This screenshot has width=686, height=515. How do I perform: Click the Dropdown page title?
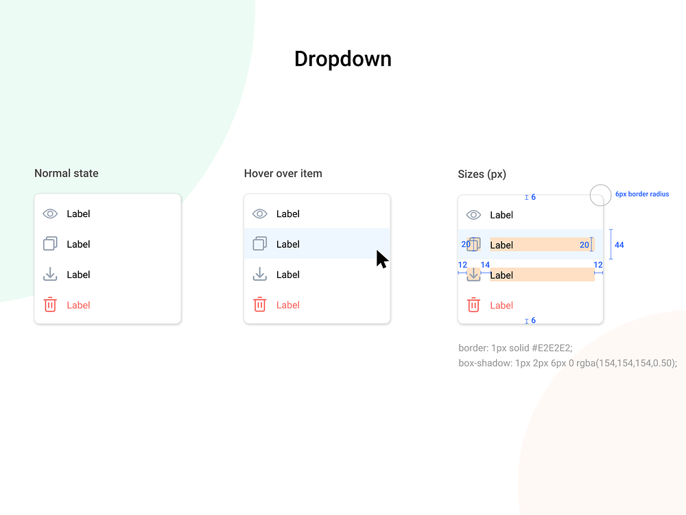tap(342, 59)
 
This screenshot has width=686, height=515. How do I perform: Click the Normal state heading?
tap(67, 174)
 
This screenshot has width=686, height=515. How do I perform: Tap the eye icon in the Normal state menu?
tap(50, 214)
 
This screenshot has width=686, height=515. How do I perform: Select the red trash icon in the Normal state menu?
tap(50, 305)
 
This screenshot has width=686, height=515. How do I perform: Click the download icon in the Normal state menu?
tap(50, 275)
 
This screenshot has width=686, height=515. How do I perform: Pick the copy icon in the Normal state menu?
tap(50, 244)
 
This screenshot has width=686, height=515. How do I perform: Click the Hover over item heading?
tap(283, 174)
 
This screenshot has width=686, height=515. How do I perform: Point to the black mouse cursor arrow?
tap(381, 259)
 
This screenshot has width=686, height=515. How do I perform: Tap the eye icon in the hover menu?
tap(259, 214)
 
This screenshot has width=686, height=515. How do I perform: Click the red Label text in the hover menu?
tap(288, 305)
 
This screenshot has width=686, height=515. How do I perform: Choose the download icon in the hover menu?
tap(259, 275)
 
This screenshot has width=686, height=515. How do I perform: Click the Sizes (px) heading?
tap(482, 174)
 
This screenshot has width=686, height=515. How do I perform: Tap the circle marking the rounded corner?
tap(600, 195)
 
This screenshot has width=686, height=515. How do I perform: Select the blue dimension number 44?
tap(619, 245)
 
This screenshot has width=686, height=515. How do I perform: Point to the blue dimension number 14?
tap(485, 265)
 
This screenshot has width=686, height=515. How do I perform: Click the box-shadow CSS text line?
tap(567, 363)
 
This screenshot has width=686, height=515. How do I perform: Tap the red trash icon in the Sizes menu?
tap(473, 305)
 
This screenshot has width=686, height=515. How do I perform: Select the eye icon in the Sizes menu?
tap(473, 215)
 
